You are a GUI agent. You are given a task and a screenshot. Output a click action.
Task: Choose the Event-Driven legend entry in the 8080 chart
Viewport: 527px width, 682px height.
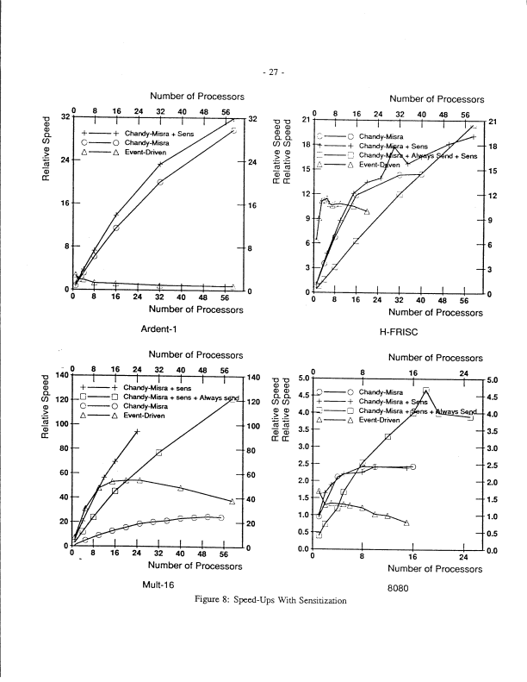380,421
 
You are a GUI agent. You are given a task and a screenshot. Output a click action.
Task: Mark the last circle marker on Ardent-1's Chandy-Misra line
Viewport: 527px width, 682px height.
232,130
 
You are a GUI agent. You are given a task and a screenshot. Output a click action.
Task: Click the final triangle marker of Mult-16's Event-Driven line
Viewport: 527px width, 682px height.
232,501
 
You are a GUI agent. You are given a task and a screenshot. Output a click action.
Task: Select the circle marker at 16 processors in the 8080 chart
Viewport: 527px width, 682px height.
413,466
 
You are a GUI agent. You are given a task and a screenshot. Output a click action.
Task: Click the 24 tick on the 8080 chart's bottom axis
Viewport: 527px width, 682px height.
463,557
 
